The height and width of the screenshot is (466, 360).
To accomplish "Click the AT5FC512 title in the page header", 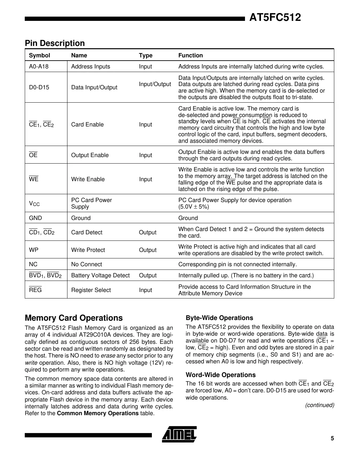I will coord(275,17).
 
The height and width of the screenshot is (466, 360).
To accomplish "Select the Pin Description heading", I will coord(55,43).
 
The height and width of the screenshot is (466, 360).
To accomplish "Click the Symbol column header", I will coord(39,55).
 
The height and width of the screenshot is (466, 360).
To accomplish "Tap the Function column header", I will coord(190,55).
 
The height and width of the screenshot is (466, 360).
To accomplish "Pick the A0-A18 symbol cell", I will coord(38,66).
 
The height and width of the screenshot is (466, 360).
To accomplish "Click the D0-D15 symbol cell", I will coord(39,87).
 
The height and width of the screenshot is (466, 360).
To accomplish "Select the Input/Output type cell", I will coord(155,84).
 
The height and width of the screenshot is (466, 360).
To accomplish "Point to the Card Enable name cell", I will coord(87,124).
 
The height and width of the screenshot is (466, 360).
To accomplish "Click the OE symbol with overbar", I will coord(33,155).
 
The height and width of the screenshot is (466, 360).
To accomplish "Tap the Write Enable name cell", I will coord(88,179).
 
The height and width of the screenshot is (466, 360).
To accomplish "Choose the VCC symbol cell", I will coord(34,204).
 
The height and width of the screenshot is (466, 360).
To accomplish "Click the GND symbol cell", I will coord(35,218).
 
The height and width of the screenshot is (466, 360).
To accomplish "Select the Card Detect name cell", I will coord(87,232).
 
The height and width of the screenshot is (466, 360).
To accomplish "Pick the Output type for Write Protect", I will coord(148,250).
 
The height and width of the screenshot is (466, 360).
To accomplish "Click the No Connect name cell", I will coord(86,264).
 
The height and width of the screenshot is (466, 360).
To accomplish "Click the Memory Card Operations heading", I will coord(74,318).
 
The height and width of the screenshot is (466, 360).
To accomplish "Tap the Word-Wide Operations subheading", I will coord(221,375).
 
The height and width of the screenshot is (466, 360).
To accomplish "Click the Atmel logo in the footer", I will coord(179,434).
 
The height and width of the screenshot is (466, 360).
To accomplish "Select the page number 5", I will coord(332,438).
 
